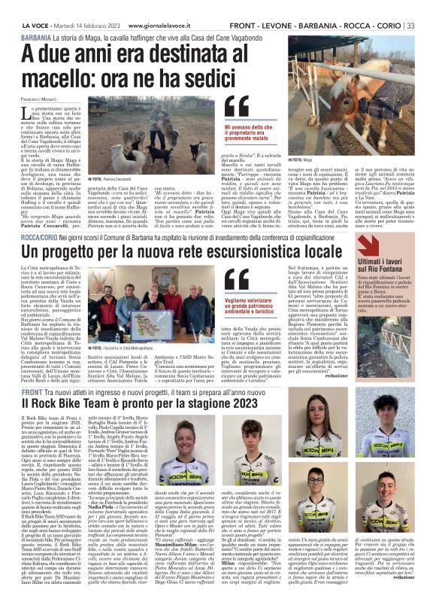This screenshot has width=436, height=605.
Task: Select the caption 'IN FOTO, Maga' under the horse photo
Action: tap(301, 160)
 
